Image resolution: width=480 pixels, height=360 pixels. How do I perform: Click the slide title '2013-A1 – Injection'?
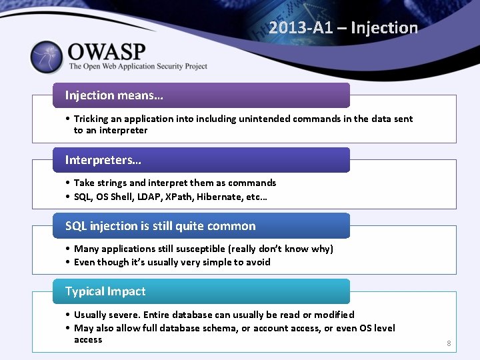[x=343, y=28]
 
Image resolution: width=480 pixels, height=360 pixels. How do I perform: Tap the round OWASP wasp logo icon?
[x=47, y=57]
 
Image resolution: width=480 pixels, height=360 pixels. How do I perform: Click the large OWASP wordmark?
[x=106, y=51]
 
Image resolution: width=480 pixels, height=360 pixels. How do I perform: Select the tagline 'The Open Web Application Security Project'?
[x=138, y=67]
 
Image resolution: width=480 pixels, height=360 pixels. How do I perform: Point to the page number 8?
[x=449, y=344]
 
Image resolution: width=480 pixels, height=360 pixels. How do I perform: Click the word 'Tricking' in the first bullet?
[x=91, y=119]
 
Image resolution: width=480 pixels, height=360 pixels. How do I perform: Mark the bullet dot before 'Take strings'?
[x=69, y=183]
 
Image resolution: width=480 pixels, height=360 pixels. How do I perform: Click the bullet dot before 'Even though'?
[x=69, y=262]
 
